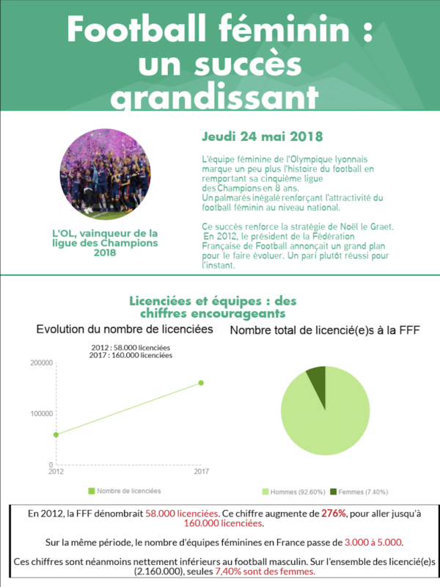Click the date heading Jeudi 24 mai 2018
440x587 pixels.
click(x=251, y=137)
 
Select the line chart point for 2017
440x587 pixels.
click(x=201, y=383)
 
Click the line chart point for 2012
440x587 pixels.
click(x=56, y=434)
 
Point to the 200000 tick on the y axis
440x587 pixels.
click(x=41, y=362)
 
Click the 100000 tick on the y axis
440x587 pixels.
click(x=41, y=414)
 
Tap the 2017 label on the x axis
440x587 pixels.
click(x=201, y=472)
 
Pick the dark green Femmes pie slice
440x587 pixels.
click(x=317, y=379)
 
